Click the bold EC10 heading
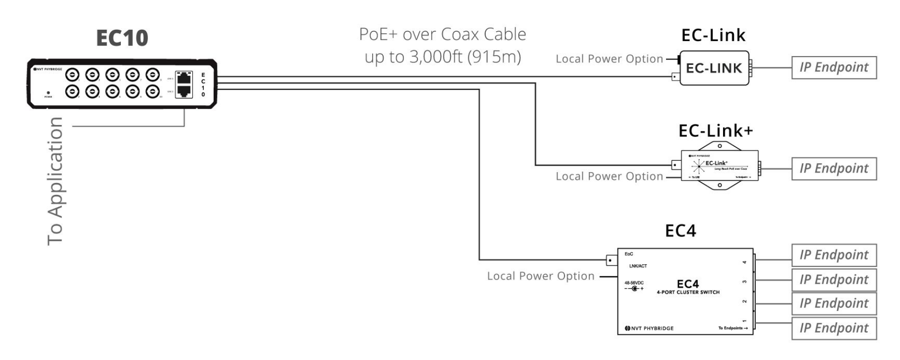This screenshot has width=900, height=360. [122, 38]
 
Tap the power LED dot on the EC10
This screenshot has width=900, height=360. [48, 93]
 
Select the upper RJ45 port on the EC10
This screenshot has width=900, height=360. [184, 78]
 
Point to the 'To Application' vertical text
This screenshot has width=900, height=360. [56, 181]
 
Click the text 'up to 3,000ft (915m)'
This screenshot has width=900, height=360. [443, 57]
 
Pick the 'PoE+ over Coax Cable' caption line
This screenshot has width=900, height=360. [443, 34]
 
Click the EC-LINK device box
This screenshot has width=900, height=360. [714, 68]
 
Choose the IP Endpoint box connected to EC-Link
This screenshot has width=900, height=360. [834, 67]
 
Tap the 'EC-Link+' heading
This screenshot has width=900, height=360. [716, 130]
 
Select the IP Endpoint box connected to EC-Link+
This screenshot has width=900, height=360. [834, 169]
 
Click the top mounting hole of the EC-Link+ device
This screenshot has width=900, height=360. [719, 146]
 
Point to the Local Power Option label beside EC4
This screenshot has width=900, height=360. [541, 276]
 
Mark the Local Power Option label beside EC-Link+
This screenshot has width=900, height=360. [609, 176]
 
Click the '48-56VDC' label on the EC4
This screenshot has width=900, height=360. [634, 283]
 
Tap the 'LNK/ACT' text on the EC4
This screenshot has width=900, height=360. [638, 266]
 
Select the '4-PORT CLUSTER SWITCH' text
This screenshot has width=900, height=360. [688, 293]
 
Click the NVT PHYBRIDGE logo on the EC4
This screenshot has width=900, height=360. [649, 328]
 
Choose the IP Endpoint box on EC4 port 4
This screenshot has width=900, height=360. [834, 255]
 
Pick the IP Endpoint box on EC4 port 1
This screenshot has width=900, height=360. [834, 328]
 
